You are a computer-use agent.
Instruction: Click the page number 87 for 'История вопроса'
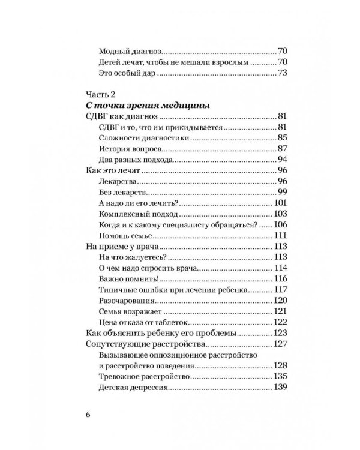point(282,149)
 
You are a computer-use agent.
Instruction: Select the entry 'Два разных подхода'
point(136,160)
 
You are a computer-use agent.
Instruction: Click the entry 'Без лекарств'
point(122,193)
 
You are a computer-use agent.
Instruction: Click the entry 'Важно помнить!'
point(128,279)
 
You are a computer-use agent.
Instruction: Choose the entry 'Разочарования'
point(125,301)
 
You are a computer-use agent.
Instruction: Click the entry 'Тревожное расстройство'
point(143,377)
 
